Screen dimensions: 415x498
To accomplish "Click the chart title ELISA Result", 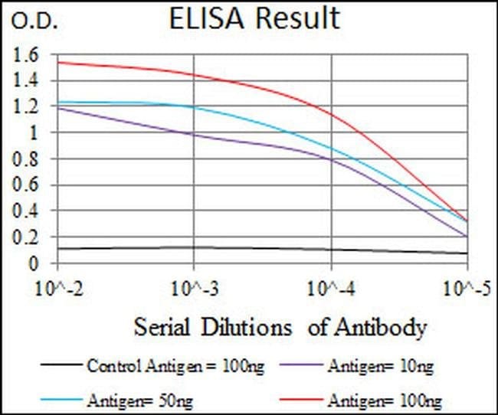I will point(254,18).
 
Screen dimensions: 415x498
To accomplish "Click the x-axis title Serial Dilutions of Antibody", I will point(280,328).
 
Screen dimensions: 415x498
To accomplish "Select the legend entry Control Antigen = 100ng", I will point(176,367).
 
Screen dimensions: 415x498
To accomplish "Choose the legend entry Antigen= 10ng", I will point(378,367).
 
